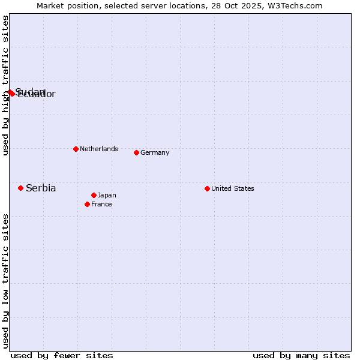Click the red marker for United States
(x=207, y=188)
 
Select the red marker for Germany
(x=136, y=152)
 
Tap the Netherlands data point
(x=76, y=149)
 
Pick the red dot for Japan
(x=94, y=195)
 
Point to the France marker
(x=87, y=204)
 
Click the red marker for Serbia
(x=20, y=188)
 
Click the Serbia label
(x=41, y=188)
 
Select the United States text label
(x=233, y=188)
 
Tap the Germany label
(x=155, y=152)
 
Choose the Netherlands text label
(x=99, y=149)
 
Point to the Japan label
(x=107, y=195)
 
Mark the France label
(x=101, y=204)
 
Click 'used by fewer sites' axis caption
(x=62, y=355)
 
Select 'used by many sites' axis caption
(x=301, y=355)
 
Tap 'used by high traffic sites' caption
(x=5, y=85)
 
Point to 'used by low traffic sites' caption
(x=5, y=280)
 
